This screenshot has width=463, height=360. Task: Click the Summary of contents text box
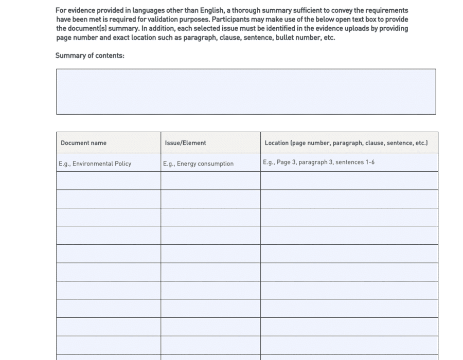click(x=246, y=92)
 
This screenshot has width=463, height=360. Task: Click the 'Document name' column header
click(x=83, y=143)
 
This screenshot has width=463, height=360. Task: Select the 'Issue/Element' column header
click(x=185, y=143)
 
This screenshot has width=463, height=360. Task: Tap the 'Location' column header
click(x=346, y=143)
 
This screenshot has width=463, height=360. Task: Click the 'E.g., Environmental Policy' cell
click(x=95, y=164)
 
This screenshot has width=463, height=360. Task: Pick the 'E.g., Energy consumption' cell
click(x=198, y=164)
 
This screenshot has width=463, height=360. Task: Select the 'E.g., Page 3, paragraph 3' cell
click(x=318, y=162)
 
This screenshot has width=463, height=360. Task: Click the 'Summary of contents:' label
click(x=90, y=56)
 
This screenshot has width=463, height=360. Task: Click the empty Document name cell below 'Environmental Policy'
click(x=108, y=181)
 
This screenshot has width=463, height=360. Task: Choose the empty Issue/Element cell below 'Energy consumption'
click(x=210, y=181)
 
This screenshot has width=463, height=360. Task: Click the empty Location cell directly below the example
click(x=349, y=181)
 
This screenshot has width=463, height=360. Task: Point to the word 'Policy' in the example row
click(x=122, y=164)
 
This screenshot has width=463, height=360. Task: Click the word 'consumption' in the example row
click(x=217, y=164)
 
